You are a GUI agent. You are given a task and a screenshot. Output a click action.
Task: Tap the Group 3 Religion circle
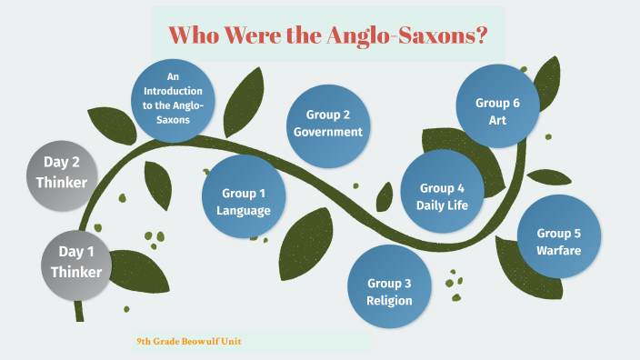[389, 287]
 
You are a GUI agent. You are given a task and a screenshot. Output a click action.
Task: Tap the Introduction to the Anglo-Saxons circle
[173, 100]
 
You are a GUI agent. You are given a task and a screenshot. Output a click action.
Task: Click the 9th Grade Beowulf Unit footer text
[189, 342]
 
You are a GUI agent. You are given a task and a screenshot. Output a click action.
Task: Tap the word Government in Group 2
[327, 132]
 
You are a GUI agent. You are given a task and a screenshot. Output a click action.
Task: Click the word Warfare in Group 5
[558, 250]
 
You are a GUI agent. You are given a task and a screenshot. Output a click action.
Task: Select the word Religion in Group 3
[389, 300]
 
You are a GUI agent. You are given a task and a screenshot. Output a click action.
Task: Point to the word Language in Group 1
[244, 211]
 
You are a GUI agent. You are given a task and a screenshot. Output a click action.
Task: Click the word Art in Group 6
[497, 119]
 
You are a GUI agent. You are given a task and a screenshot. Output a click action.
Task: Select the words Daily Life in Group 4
[442, 205]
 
